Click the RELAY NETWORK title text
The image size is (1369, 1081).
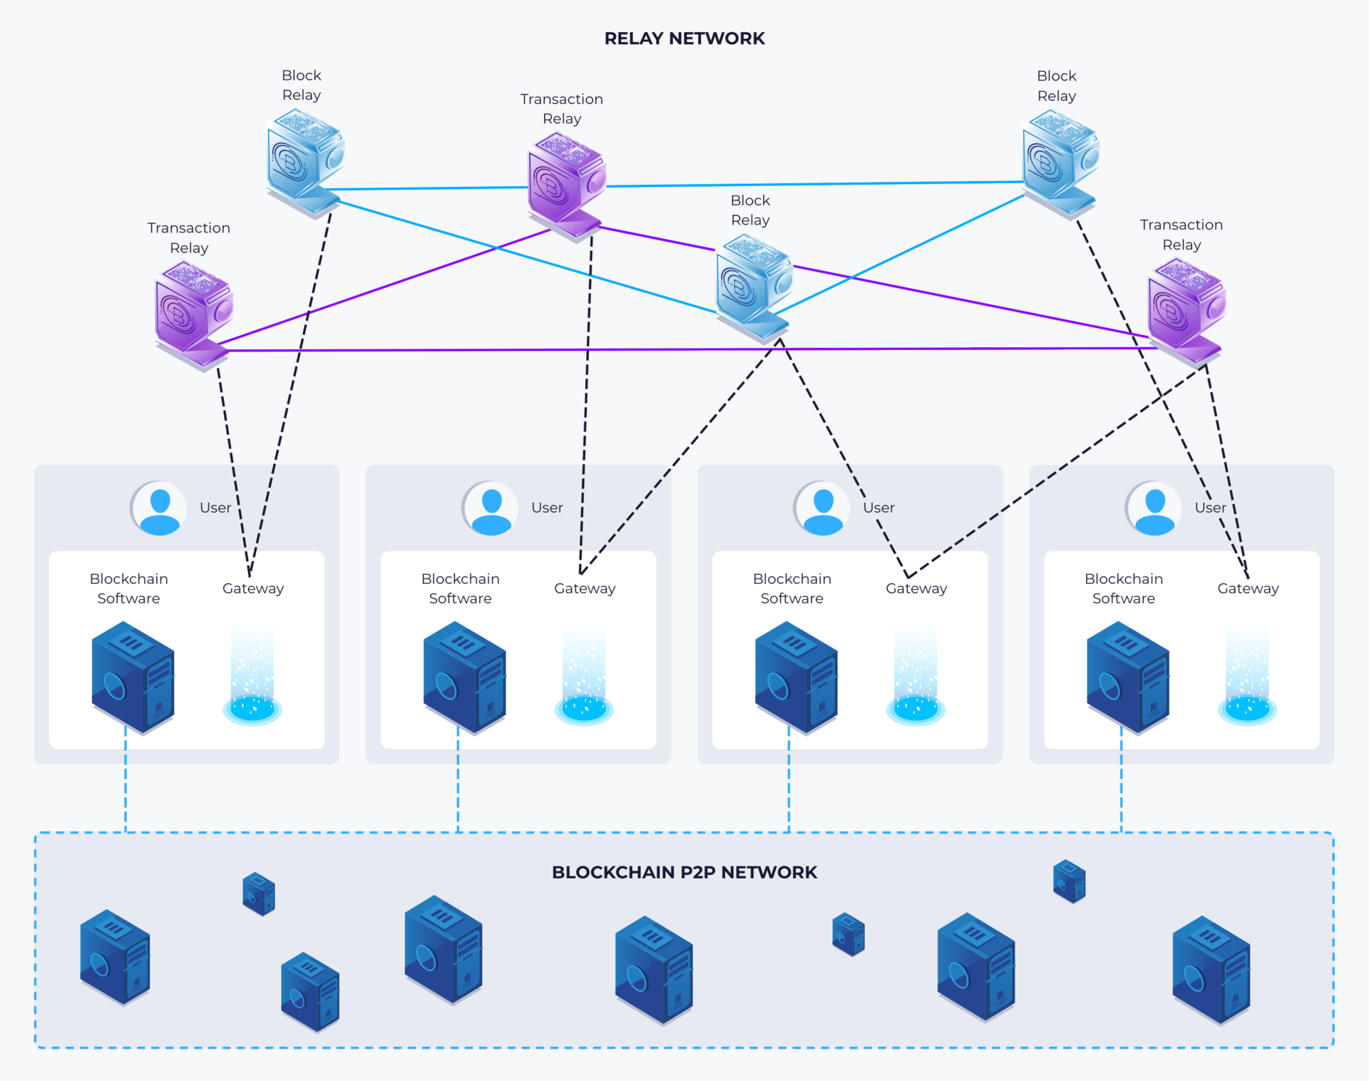684,39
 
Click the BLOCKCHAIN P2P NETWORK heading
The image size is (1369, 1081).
684,872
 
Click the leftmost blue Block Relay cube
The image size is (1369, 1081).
305,163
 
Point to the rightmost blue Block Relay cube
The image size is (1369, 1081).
1060,164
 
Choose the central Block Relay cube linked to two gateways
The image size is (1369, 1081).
754,289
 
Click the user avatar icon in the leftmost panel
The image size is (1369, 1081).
158,508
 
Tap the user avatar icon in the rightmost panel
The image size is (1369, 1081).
1154,508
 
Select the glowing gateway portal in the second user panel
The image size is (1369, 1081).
584,674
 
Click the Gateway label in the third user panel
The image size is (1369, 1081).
916,588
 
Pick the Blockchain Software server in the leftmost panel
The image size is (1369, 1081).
133,677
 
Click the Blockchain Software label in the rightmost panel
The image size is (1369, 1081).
1124,588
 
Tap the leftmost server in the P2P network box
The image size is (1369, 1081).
115,957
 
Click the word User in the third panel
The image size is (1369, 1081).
878,508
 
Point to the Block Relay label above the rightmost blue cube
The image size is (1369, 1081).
1057,86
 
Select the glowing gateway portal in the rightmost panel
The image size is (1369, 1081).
1247,674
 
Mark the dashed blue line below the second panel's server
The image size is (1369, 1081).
458,779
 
